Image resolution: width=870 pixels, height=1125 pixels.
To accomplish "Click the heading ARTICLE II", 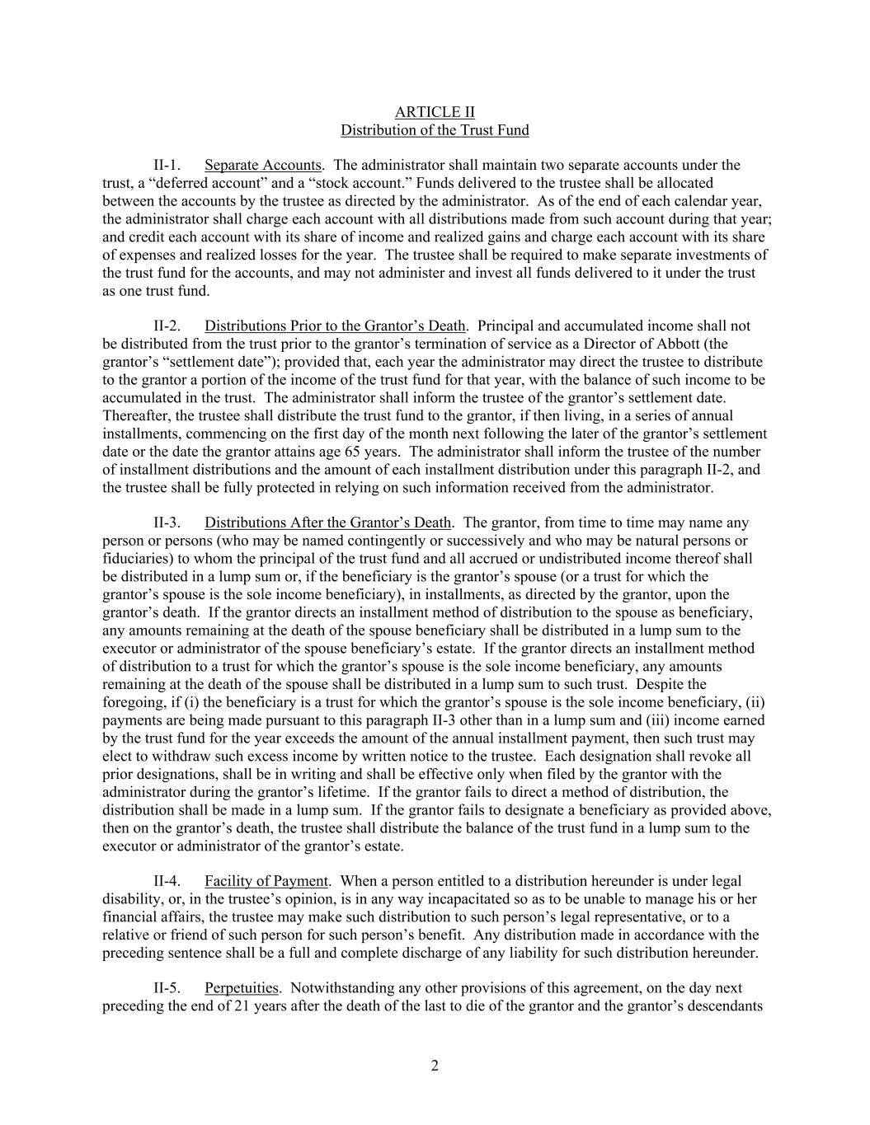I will pyautogui.click(x=435, y=112).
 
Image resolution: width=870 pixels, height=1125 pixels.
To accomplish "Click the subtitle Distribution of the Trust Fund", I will pyautogui.click(x=435, y=130).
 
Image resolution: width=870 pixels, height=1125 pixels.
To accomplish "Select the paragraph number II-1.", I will pyautogui.click(x=167, y=166).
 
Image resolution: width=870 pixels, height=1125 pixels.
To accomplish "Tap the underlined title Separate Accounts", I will pyautogui.click(x=262, y=166).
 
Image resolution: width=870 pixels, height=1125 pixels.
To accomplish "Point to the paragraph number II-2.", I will pyautogui.click(x=167, y=326).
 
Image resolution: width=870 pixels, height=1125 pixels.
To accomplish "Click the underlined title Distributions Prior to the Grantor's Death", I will pyautogui.click(x=335, y=326).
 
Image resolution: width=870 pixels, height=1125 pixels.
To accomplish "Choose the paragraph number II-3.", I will pyautogui.click(x=167, y=523).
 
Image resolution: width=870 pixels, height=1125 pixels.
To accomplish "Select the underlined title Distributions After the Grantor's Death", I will pyautogui.click(x=327, y=523).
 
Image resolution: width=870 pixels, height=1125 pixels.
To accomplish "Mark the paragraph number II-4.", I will pyautogui.click(x=167, y=882).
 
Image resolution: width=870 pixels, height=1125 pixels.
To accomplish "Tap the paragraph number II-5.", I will pyautogui.click(x=167, y=988).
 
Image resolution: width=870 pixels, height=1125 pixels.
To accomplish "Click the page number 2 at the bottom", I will pyautogui.click(x=435, y=1066).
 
